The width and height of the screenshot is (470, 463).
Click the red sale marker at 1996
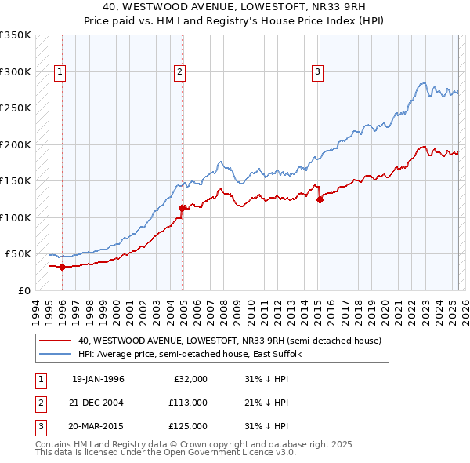click(x=62, y=267)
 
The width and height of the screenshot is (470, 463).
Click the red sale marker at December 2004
click(x=183, y=209)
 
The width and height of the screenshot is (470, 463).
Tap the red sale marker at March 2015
click(x=320, y=200)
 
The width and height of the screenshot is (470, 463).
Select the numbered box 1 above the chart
click(x=60, y=72)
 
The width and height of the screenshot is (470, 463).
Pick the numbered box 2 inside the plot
click(x=180, y=72)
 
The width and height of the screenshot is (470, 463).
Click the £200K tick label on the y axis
click(x=16, y=145)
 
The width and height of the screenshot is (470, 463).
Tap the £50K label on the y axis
click(x=18, y=254)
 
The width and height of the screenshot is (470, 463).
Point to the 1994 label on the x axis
click(x=36, y=309)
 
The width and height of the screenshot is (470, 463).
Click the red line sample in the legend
click(x=55, y=341)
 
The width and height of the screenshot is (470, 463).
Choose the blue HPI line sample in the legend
click(x=55, y=355)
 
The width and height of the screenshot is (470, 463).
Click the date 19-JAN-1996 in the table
click(x=98, y=379)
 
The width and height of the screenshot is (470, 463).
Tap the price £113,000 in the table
click(x=188, y=403)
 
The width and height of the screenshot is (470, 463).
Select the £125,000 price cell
click(x=188, y=426)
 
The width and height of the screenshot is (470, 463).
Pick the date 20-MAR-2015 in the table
click(x=98, y=426)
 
